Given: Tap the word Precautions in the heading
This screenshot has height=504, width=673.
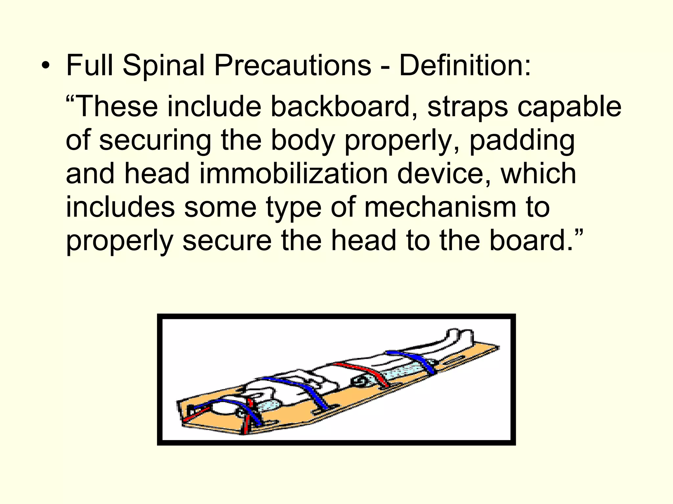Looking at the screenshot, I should pyautogui.click(x=293, y=65).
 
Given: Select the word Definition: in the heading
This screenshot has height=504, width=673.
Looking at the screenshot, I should pyautogui.click(x=465, y=65).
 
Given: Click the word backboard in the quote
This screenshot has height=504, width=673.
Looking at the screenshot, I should pyautogui.click(x=343, y=106).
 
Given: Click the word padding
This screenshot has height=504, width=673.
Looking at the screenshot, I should pyautogui.click(x=522, y=140).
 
